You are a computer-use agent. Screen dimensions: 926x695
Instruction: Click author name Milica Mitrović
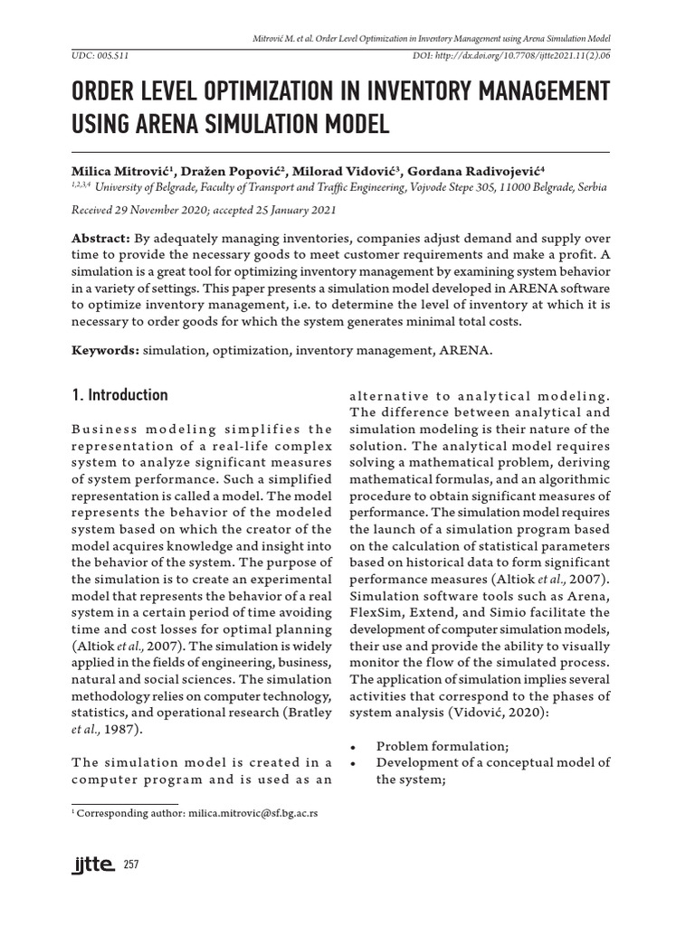click(x=123, y=171)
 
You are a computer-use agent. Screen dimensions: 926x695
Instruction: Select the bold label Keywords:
click(x=103, y=348)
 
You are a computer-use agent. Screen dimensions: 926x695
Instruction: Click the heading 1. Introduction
click(x=119, y=395)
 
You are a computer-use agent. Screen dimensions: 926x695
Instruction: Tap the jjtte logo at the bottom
click(x=92, y=866)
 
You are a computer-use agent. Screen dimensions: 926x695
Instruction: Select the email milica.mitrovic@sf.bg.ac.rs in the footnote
click(x=252, y=814)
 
